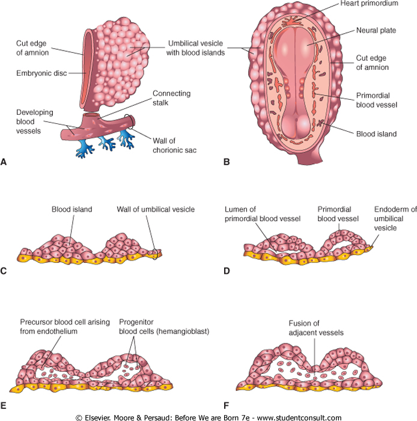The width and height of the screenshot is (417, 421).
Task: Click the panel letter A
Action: pos(4,162)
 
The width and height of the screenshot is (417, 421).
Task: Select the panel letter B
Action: pos(227,162)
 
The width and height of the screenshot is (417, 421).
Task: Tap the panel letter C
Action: pos(4,270)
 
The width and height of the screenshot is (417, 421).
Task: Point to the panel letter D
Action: pos(227,270)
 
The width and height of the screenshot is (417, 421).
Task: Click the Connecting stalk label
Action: pos(171,98)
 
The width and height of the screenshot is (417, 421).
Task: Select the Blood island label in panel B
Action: pos(377,134)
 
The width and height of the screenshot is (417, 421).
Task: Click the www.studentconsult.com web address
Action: pos(297,416)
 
